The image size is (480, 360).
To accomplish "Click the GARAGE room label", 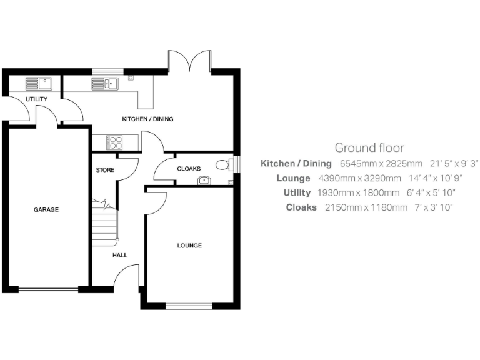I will point(46,210).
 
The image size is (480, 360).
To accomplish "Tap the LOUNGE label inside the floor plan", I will point(189,246).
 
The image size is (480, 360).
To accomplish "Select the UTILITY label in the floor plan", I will point(36,99).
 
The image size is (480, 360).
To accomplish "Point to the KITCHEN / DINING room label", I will point(147,119).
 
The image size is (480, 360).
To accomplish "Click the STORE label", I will point(104,170).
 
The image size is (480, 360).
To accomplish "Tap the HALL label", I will point(119,255).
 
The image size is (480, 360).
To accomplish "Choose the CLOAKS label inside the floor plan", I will point(189,169).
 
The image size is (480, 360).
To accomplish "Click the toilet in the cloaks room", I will point(222,165).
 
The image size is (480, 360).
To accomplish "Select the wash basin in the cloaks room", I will point(204,181).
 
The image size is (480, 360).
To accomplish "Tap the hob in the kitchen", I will point(116,142).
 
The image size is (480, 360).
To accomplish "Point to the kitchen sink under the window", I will point(105,82).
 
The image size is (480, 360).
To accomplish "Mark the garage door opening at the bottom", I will point(47,289).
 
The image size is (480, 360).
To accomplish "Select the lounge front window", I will point(189,306).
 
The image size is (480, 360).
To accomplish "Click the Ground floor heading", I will point(369,148).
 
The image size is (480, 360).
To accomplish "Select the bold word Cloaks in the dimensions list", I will point(302,207).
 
